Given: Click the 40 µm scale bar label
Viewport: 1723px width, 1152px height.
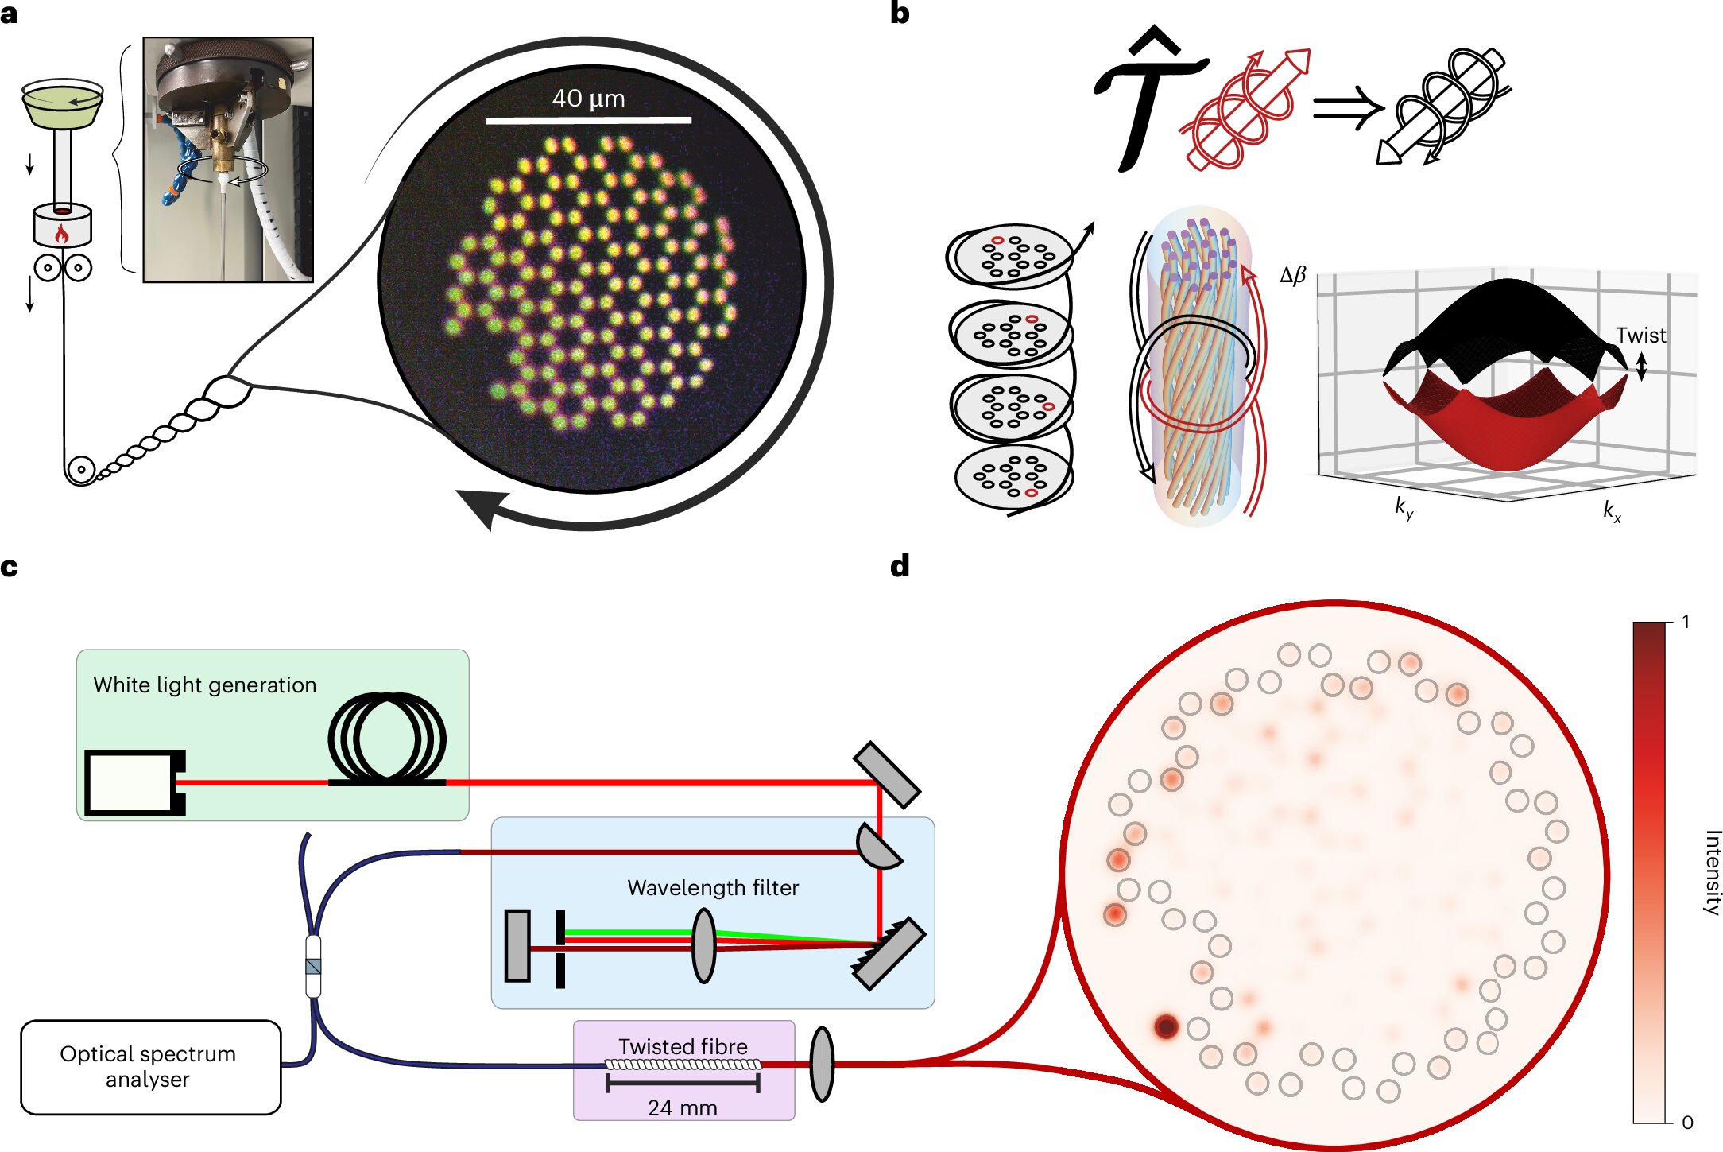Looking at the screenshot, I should [588, 99].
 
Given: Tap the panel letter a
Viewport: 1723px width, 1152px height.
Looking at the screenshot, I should [9, 14].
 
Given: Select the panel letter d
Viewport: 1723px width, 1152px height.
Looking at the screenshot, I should [899, 566].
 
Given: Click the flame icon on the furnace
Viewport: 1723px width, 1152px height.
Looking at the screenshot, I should [61, 234].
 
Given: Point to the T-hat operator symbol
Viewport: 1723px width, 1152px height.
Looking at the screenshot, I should [1149, 99].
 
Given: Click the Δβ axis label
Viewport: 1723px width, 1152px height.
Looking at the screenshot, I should [1293, 275].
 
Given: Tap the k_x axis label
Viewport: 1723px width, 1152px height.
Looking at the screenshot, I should [1612, 511].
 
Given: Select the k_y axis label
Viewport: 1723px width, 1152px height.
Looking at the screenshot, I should [1404, 507].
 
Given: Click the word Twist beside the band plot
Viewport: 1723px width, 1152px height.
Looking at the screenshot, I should [1640, 336].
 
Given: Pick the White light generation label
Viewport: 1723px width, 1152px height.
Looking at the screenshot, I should [204, 685].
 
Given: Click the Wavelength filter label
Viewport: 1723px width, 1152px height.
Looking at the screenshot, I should [713, 887].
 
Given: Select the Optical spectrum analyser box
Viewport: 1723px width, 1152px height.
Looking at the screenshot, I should [150, 1067].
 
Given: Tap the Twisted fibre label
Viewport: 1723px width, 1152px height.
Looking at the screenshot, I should [683, 1046].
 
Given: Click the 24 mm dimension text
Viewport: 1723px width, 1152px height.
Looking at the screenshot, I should [682, 1107].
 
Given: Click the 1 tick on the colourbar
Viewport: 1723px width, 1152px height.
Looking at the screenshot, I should [1686, 622].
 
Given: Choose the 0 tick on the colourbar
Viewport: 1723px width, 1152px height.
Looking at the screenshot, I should [1687, 1123].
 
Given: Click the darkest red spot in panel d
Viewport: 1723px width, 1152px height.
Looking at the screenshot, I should [1166, 1026].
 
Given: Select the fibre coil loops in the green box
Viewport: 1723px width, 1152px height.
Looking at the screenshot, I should [387, 739].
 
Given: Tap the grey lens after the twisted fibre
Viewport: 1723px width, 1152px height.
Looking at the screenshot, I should [822, 1064].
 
